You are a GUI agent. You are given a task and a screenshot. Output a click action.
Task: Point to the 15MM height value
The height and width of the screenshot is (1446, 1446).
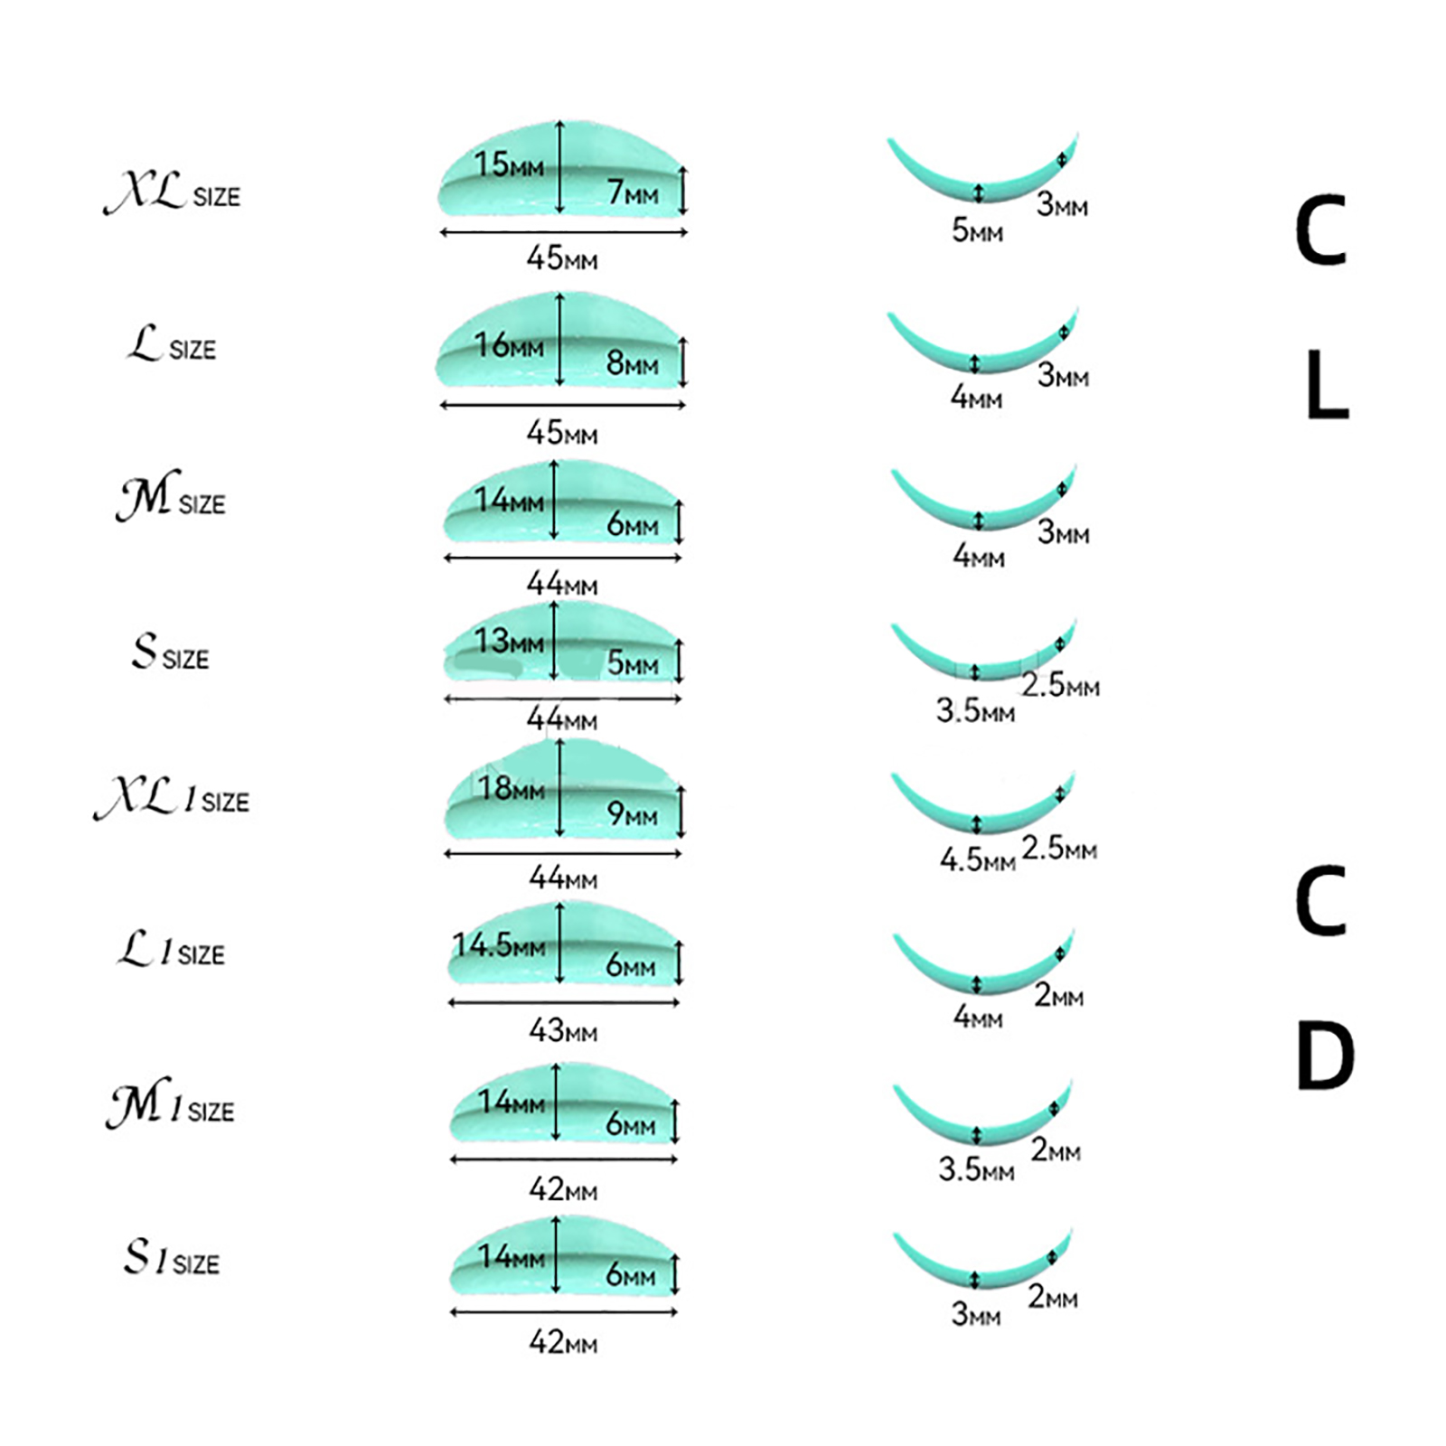click(509, 164)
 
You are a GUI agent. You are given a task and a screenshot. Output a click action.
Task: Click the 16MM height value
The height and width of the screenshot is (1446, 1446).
click(509, 344)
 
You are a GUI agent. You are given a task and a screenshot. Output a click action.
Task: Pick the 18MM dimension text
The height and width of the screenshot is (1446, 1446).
click(511, 788)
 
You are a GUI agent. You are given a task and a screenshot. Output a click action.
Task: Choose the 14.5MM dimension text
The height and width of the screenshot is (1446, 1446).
click(499, 945)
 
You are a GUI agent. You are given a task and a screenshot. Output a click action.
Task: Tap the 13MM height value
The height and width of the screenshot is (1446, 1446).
click(509, 641)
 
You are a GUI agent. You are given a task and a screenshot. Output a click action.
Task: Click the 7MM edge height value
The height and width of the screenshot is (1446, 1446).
click(632, 192)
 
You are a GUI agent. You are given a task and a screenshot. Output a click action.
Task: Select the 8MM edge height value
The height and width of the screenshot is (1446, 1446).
click(632, 363)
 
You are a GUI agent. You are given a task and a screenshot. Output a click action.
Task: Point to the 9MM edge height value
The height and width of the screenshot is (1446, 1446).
click(632, 814)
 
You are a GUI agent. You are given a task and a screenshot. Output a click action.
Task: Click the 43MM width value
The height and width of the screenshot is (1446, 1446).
click(563, 1030)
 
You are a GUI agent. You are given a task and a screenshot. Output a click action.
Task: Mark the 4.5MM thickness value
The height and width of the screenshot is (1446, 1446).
click(977, 859)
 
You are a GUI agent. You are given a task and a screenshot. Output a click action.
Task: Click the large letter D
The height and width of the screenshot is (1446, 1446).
click(1324, 1056)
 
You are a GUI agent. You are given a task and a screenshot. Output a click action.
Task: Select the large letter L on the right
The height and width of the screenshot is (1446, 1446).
click(1327, 386)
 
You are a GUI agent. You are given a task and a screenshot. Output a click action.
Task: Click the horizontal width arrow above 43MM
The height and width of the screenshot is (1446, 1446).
click(563, 1002)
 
